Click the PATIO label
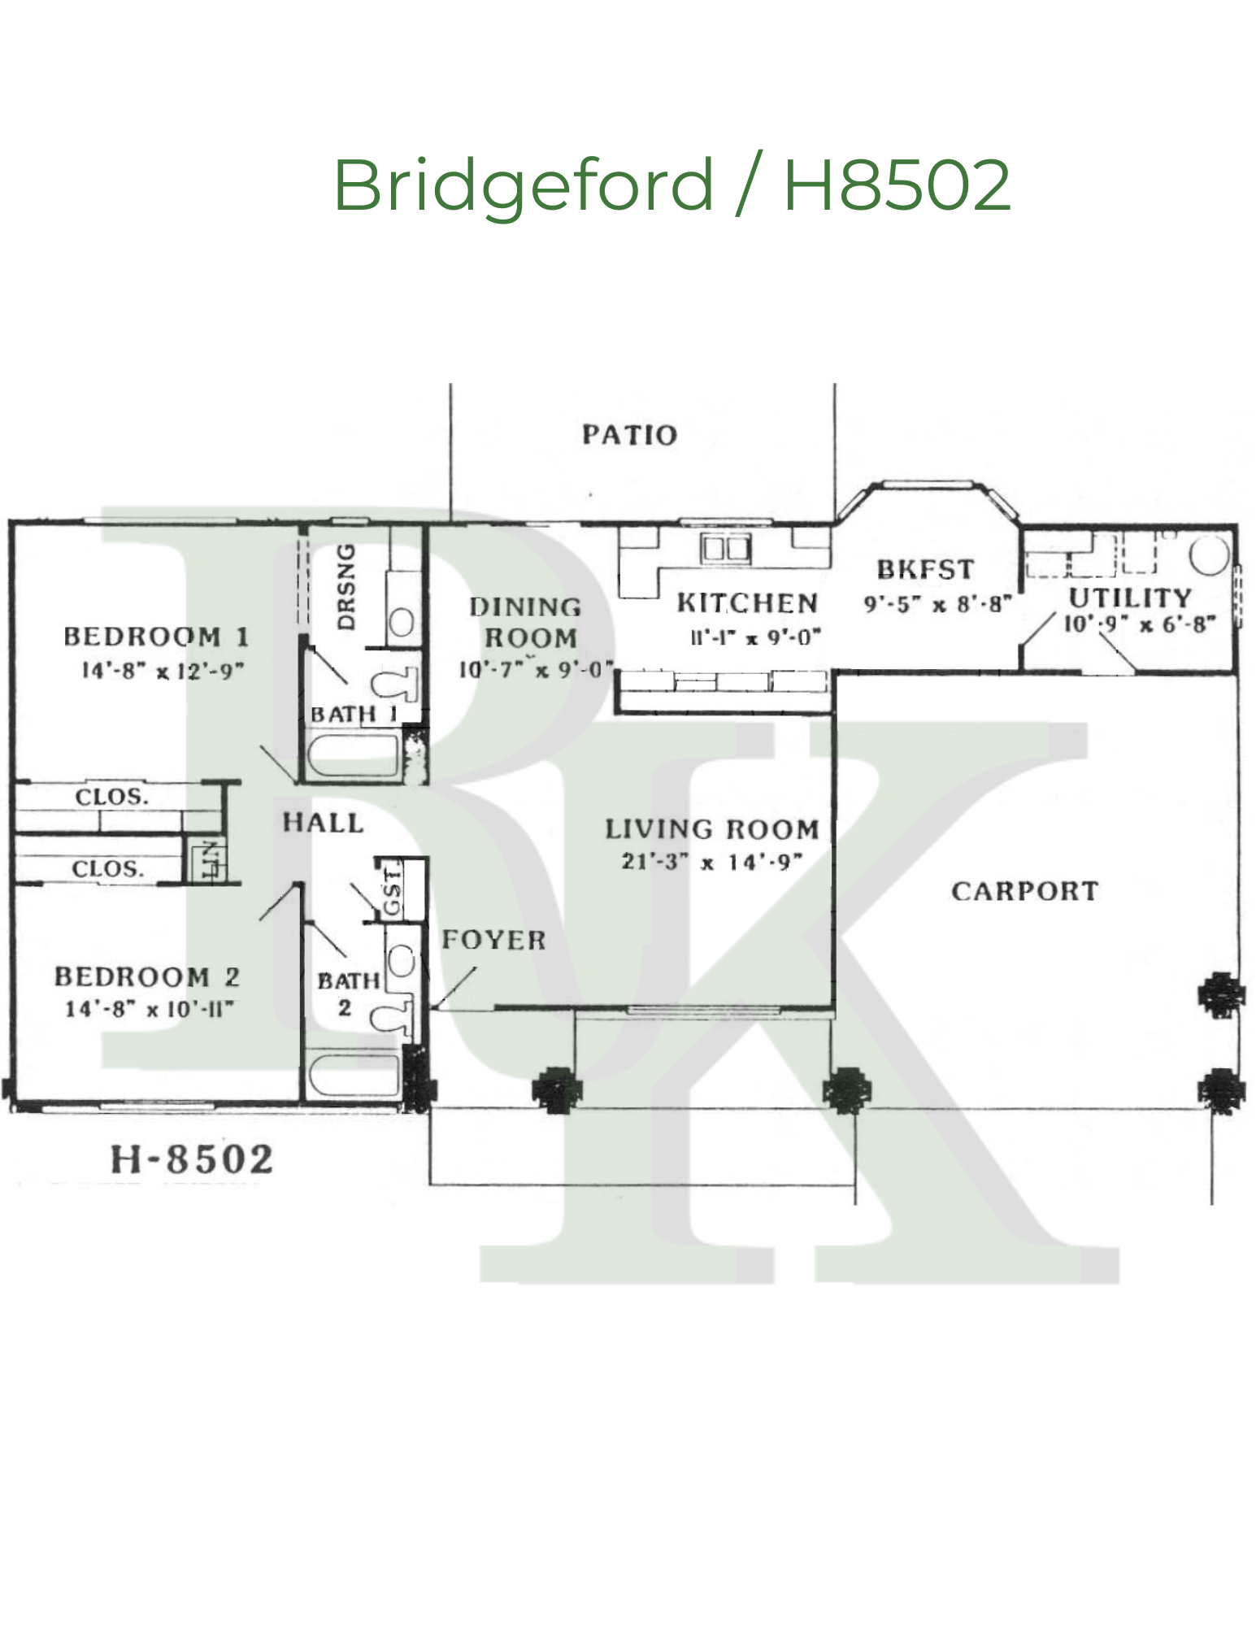(629, 435)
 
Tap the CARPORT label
(1024, 892)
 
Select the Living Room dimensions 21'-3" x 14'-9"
(712, 862)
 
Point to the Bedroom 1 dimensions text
(163, 671)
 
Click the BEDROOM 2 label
(147, 976)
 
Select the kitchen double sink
(726, 549)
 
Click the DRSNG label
(347, 586)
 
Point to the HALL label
(323, 823)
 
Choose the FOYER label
(493, 941)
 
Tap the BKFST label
(925, 569)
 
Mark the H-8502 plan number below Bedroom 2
(192, 1159)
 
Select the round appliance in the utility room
(1210, 555)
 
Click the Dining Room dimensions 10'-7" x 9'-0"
(535, 670)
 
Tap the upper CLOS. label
(112, 797)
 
